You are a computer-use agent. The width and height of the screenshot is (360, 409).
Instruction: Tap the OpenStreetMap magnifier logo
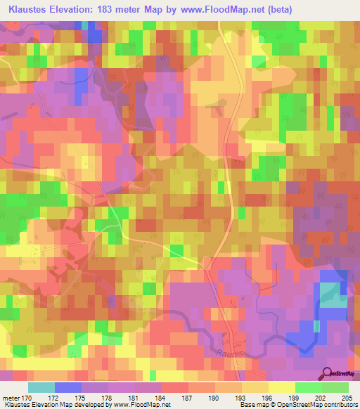(x=327, y=374)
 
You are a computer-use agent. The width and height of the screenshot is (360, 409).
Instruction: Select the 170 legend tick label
(x=30, y=397)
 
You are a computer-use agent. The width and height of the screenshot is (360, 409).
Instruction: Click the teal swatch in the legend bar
(x=41, y=387)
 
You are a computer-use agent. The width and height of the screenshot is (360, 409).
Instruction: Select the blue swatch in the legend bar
(x=68, y=387)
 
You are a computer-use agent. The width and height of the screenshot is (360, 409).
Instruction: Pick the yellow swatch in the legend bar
(x=281, y=387)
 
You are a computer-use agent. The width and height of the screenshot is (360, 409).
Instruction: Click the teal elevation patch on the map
(x=330, y=294)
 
